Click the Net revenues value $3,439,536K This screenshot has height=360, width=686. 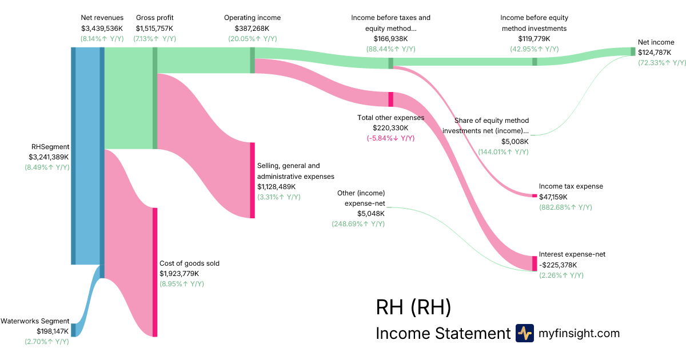[102, 28]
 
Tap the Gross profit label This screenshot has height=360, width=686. [154, 18]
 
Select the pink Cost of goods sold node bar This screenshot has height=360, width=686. [154, 272]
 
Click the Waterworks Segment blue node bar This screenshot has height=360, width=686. [73, 330]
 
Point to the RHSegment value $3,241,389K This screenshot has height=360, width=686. [49, 157]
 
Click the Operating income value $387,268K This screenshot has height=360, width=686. [252, 28]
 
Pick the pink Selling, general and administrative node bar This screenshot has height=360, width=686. [252, 180]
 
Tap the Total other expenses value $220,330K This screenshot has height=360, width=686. [390, 128]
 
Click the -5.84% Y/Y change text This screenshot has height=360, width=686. [390, 138]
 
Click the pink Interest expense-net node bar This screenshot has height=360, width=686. [535, 263]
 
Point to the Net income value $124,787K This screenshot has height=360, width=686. [656, 53]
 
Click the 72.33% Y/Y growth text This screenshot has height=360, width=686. [656, 63]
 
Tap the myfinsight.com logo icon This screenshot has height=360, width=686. [524, 333]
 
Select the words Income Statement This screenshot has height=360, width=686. [442, 333]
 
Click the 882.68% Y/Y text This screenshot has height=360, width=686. [565, 207]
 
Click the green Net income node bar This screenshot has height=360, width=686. [633, 51]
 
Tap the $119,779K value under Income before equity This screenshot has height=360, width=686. [534, 39]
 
